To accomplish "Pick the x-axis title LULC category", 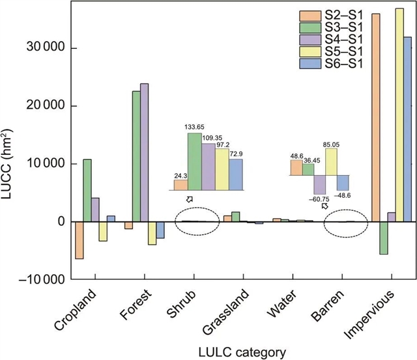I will (x=239, y=352).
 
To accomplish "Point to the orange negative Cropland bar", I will (x=78, y=240).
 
